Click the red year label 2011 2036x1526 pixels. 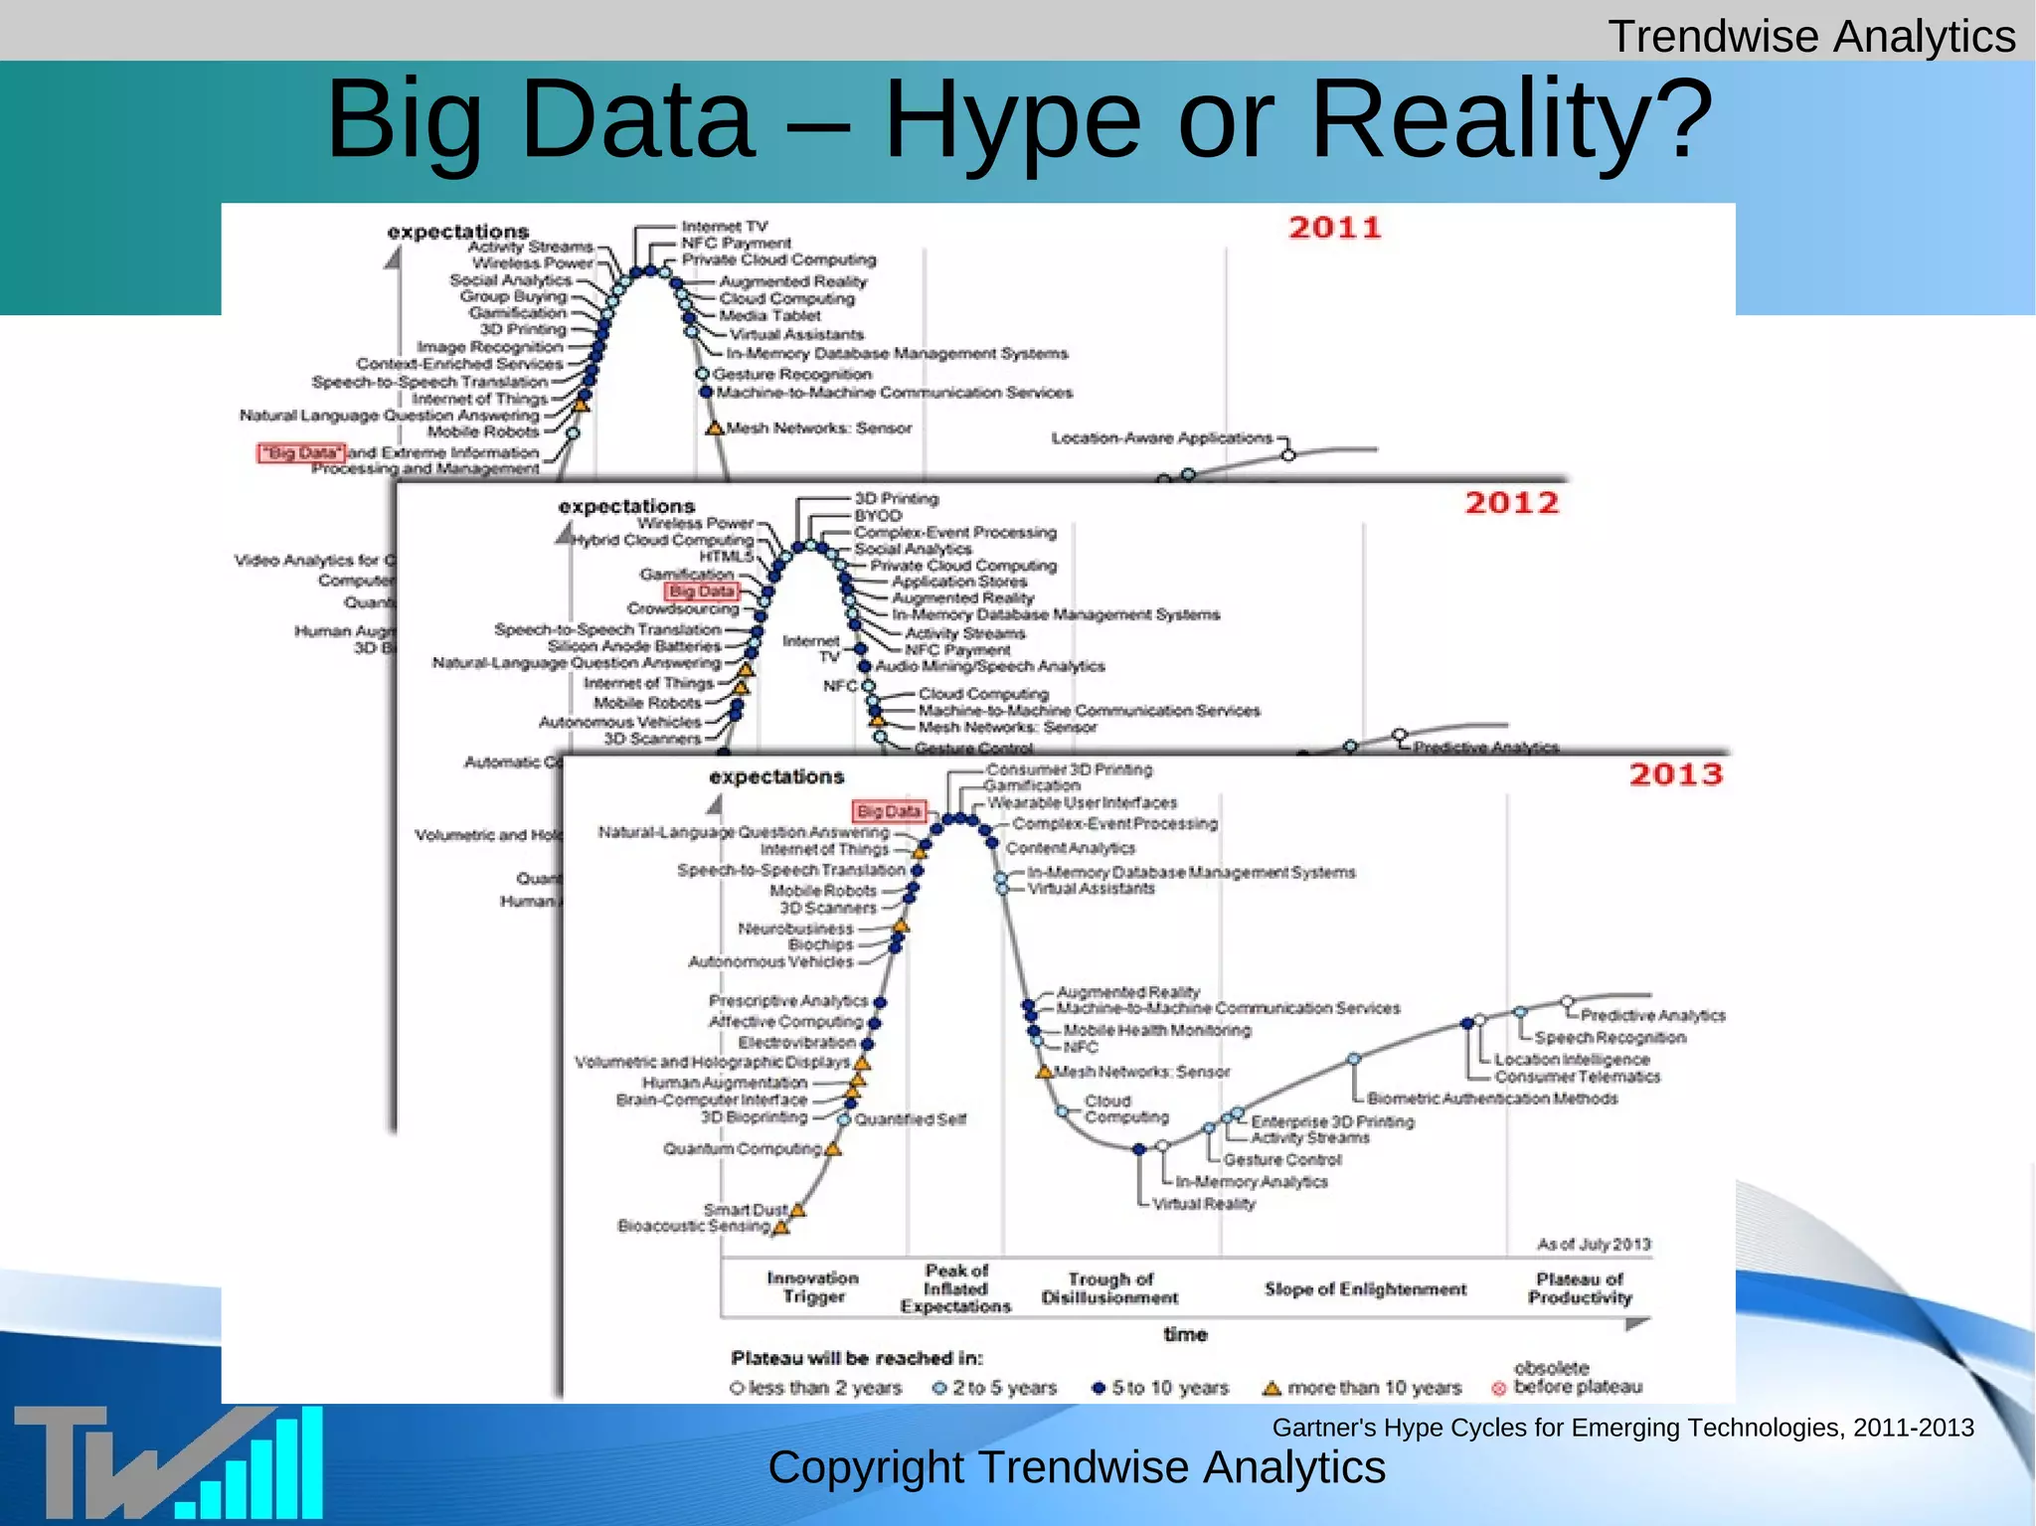coord(1335,228)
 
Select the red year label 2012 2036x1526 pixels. coord(1511,503)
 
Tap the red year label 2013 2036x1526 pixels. coord(1675,774)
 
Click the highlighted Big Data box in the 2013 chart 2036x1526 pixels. coord(889,811)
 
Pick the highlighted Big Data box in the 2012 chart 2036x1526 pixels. coord(702,592)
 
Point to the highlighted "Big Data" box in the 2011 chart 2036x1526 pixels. coord(301,453)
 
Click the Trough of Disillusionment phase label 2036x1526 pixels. coord(1109,1288)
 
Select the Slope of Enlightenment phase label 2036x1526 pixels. coord(1365,1289)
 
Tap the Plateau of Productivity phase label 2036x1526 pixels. coord(1580,1288)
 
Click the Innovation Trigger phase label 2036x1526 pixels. coord(812,1287)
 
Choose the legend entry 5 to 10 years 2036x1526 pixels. coord(1160,1388)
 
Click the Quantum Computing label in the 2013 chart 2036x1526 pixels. coord(743,1149)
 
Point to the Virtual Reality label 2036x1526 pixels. coord(1204,1204)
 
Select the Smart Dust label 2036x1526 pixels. coord(746,1210)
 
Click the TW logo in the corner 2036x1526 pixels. coord(167,1461)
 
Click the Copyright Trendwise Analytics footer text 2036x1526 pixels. coord(1077,1468)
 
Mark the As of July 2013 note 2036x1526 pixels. coord(1594,1245)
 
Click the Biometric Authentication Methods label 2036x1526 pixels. coord(1492,1099)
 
